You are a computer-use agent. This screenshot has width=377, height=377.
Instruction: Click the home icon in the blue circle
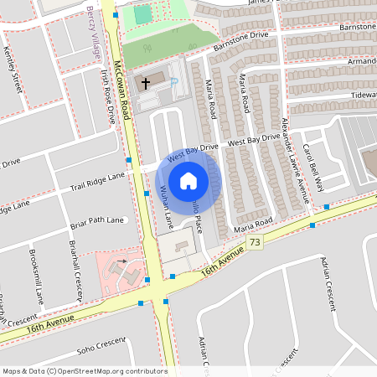pos(188,180)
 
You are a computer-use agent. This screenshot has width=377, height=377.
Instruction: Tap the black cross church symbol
pos(145,83)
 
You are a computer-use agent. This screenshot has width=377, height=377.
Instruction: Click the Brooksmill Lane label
pos(34,265)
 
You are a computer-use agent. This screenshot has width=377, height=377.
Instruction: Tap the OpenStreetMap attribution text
pos(84,370)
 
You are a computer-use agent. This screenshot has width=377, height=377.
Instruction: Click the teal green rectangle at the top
pos(143,14)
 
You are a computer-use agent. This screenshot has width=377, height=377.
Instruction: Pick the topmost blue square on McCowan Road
pos(115,15)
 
